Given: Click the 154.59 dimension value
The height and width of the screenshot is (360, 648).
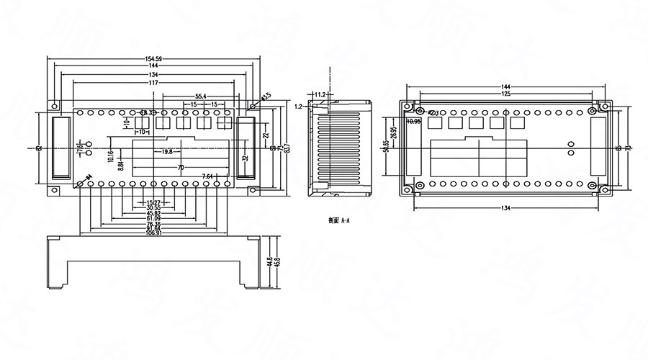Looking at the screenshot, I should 153,58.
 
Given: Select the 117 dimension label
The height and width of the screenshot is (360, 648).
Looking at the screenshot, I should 153,84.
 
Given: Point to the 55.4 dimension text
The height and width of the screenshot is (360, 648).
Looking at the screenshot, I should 201,96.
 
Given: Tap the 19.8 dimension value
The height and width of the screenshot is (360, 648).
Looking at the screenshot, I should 166,151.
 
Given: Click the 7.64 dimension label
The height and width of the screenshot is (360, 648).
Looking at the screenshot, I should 208,176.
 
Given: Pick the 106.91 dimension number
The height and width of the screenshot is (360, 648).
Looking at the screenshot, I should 153,233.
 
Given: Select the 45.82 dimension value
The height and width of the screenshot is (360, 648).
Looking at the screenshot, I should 153,213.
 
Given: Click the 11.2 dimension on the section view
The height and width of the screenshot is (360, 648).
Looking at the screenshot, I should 321,94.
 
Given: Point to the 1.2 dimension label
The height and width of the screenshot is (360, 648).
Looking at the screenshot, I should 299,106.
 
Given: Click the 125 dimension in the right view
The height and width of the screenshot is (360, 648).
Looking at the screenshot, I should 507,94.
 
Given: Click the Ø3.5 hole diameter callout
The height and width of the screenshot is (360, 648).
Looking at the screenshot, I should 266,96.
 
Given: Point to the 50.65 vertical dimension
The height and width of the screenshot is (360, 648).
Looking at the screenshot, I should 386,147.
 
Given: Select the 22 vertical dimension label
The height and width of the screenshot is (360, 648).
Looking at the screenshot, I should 266,135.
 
